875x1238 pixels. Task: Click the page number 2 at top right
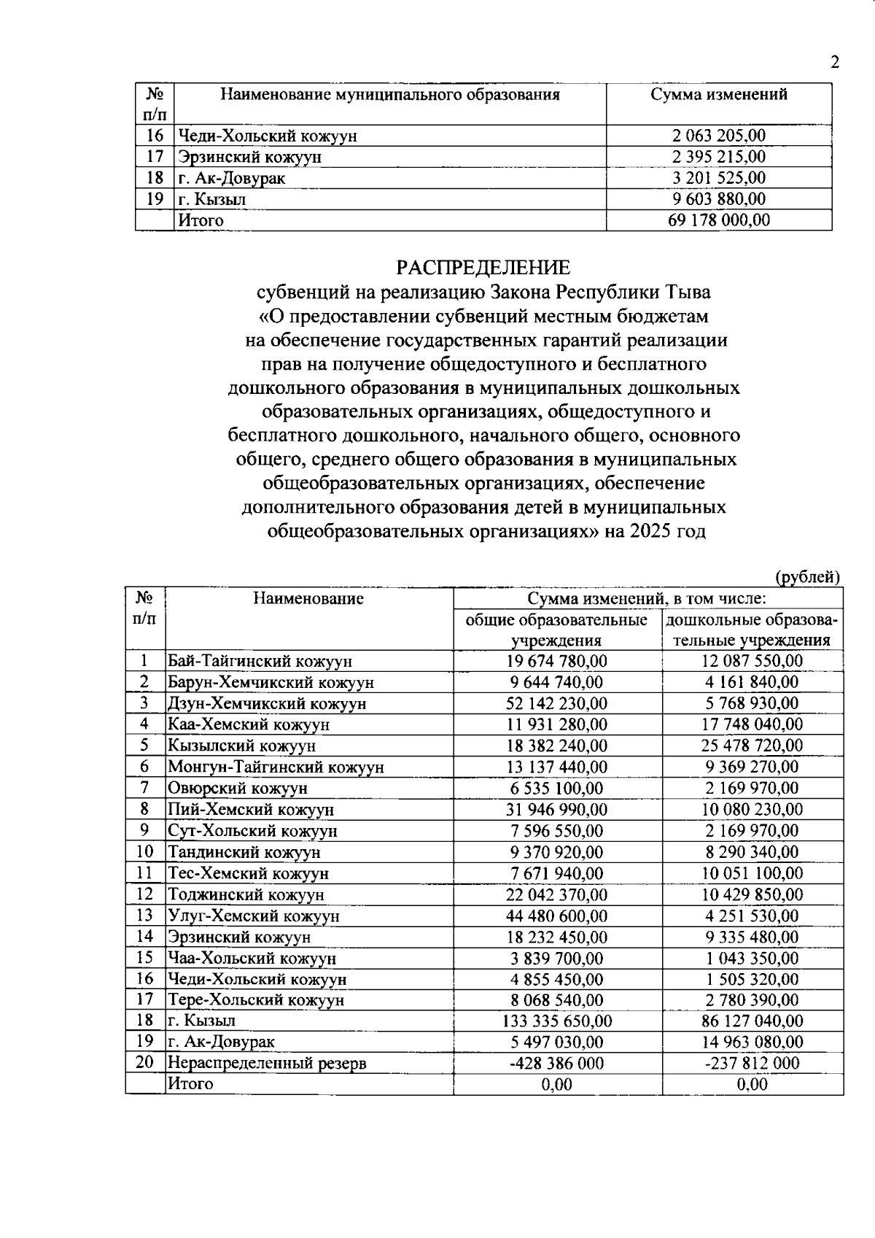point(835,62)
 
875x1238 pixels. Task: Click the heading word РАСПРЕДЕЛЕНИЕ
point(483,267)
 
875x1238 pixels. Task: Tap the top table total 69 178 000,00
point(718,220)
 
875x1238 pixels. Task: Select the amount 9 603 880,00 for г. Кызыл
point(718,199)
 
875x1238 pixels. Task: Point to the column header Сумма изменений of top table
point(718,94)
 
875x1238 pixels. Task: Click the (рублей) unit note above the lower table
point(808,576)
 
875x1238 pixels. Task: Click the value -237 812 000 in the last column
point(752,1063)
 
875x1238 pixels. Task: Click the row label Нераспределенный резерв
point(267,1063)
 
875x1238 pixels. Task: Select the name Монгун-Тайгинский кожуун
point(276,767)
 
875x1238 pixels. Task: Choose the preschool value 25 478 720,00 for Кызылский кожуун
point(752,746)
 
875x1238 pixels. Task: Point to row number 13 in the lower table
point(144,915)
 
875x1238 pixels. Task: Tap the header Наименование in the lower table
point(308,599)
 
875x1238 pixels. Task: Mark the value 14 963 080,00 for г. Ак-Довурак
point(752,1042)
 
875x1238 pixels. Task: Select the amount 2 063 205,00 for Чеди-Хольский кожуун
point(718,136)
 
